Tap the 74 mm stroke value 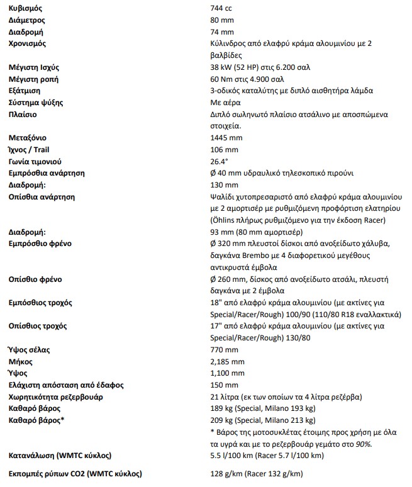pos(222,32)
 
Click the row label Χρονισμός pos(28,43)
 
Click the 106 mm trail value pos(224,149)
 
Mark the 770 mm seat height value pos(224,349)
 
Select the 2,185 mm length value pos(227,361)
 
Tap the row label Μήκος pos(21,361)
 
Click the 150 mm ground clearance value pos(224,384)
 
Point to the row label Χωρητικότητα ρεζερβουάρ pos(56,396)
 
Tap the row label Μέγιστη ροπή pos(32,79)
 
